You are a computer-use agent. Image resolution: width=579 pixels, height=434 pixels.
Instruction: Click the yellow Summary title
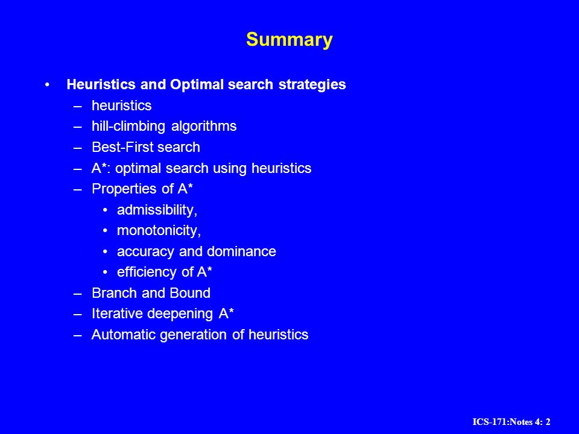[289, 40]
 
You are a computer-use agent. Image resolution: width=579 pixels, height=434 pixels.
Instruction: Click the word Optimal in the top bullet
[197, 84]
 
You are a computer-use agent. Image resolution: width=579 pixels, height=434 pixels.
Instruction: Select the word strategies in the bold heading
[312, 85]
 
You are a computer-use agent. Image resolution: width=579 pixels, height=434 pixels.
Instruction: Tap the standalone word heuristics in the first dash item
[121, 105]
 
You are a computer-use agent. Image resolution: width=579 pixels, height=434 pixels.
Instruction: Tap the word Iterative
[118, 313]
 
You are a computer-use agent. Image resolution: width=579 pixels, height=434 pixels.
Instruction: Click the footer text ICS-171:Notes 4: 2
[511, 422]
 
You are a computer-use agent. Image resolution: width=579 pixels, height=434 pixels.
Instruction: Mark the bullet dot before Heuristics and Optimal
[47, 85]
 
